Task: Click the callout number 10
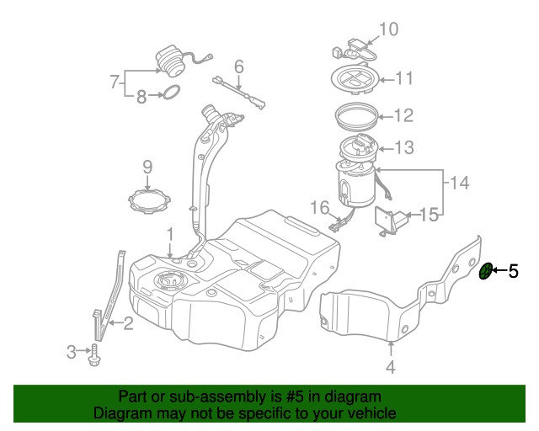point(387,29)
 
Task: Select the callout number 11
point(404,80)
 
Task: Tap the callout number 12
point(404,115)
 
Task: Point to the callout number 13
point(404,148)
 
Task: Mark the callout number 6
point(238,66)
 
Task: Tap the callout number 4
point(390,366)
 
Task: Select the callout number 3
point(72,350)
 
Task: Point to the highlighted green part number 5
point(485,271)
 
